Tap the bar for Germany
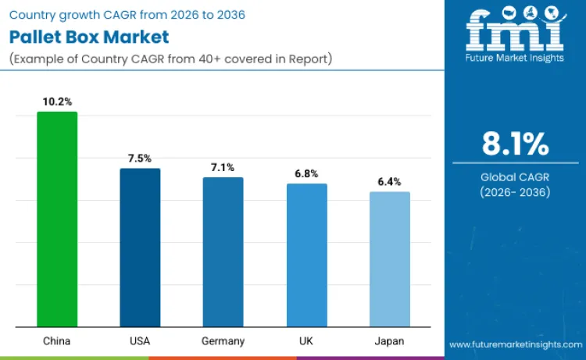223,251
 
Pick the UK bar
306,255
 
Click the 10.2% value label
57,102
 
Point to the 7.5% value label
140,159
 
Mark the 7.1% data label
223,167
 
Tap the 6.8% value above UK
306,173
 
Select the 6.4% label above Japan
389,182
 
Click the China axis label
57,341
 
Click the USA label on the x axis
140,341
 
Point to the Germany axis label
223,341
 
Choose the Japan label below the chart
389,341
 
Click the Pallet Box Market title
89,37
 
